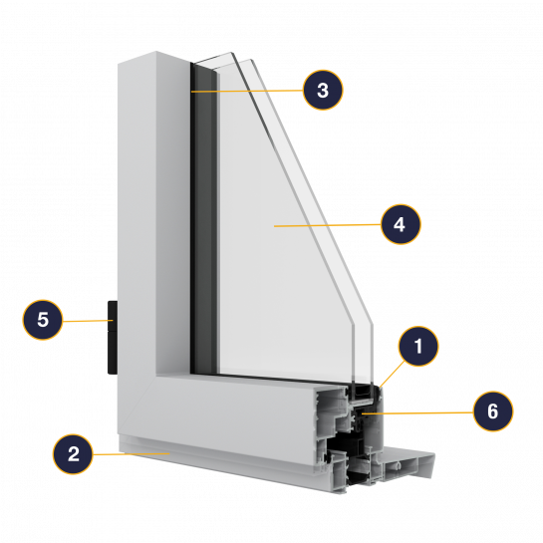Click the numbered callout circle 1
(x=418, y=346)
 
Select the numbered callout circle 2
(x=73, y=453)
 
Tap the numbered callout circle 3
(x=323, y=90)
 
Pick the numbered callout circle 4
(x=401, y=224)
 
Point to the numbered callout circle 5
(x=43, y=319)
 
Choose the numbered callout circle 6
(x=493, y=411)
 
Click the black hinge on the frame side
(x=113, y=338)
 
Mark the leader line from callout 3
(x=247, y=91)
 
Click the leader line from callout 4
(x=328, y=225)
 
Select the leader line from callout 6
(x=417, y=412)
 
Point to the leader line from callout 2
(x=131, y=453)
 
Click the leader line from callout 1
(x=393, y=374)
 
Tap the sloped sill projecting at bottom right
(x=408, y=462)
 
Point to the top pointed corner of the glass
(x=231, y=53)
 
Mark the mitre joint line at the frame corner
(x=137, y=406)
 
